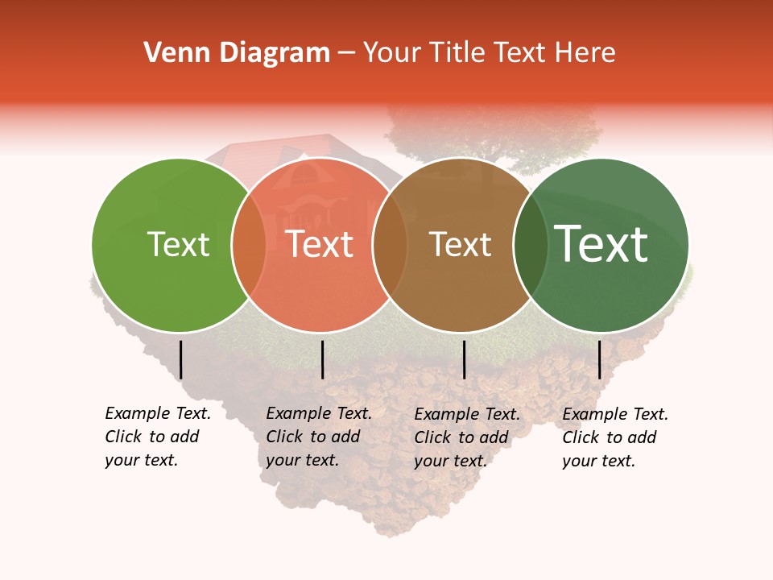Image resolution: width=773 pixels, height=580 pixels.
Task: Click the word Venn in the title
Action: pyautogui.click(x=177, y=53)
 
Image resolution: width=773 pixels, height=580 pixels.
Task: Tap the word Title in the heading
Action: pyautogui.click(x=457, y=53)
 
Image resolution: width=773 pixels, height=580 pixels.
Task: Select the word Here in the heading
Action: pyautogui.click(x=585, y=53)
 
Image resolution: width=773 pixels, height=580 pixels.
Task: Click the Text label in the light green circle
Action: pyautogui.click(x=179, y=244)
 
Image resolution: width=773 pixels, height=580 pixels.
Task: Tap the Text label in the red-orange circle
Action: pyautogui.click(x=320, y=244)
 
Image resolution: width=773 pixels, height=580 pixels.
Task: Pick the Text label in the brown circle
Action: pyautogui.click(x=460, y=244)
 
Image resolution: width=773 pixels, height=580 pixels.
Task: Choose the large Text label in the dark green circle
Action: pyautogui.click(x=601, y=244)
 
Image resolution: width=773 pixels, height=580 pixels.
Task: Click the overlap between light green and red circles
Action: pyautogui.click(x=249, y=244)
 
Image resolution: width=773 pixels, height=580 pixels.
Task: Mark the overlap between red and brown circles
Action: pyautogui.click(x=391, y=244)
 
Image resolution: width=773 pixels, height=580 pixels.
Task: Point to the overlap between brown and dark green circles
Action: pyautogui.click(x=530, y=244)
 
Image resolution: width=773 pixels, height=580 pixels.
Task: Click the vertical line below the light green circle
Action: pyautogui.click(x=181, y=359)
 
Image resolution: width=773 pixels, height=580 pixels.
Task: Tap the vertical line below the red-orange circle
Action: pyautogui.click(x=322, y=359)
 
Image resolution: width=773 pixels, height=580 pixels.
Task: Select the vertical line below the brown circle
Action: pyautogui.click(x=465, y=359)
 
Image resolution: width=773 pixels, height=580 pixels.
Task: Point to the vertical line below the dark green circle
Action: pyautogui.click(x=599, y=359)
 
